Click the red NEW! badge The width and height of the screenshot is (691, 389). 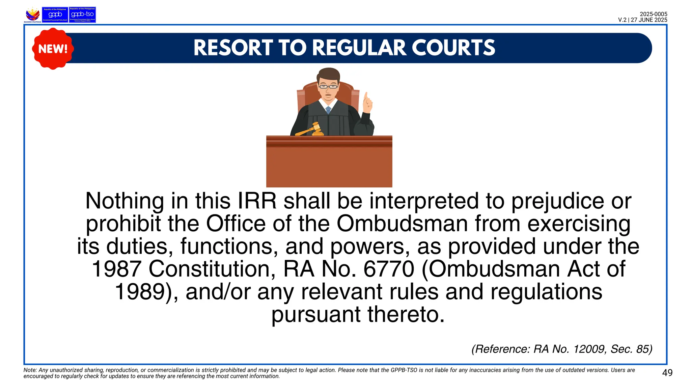pos(53,49)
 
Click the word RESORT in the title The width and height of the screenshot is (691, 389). pos(233,48)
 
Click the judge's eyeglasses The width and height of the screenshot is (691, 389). pos(328,87)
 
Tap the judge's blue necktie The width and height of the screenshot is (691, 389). pos(328,110)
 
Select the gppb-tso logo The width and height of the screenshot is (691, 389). pos(82,15)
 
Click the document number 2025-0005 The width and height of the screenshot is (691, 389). pos(653,14)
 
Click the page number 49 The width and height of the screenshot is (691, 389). pos(667,373)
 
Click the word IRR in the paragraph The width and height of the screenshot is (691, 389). pos(257,201)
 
